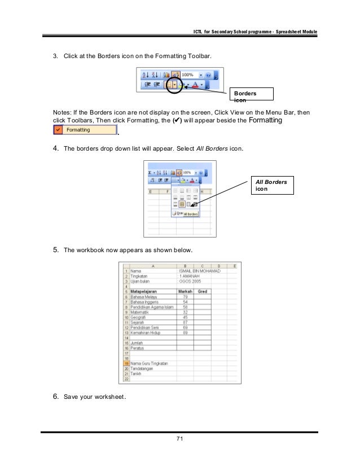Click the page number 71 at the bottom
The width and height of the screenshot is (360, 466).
pos(180,438)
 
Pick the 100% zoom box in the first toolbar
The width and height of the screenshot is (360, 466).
pos(191,74)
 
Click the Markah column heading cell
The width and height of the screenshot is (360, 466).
pos(185,292)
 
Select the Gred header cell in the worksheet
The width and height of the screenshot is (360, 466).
pos(202,292)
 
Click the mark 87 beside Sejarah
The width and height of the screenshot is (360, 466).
pos(185,322)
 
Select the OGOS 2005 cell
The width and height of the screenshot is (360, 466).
pos(190,282)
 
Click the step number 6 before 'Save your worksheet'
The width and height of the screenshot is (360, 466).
pos(55,397)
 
